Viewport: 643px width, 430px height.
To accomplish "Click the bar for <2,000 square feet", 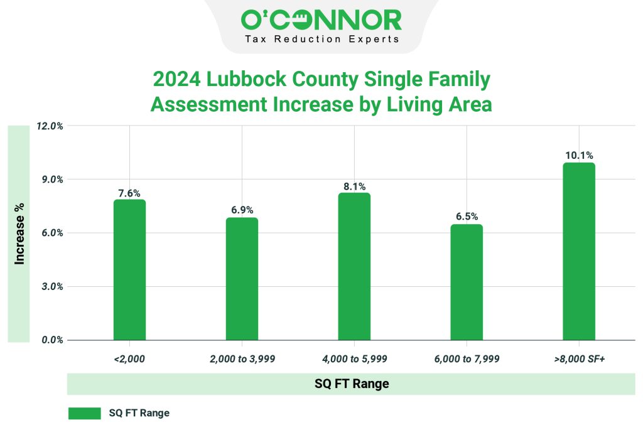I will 129,270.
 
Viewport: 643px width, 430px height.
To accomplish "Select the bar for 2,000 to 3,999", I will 242,279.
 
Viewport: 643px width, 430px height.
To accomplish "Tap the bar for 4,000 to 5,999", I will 354,267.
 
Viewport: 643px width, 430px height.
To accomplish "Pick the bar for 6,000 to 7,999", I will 467,282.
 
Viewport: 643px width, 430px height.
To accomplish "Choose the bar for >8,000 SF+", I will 579,252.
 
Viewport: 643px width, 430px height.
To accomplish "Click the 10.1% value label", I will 579,155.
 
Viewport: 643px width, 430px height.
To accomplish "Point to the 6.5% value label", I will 467,217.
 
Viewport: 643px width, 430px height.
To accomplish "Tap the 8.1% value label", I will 354,186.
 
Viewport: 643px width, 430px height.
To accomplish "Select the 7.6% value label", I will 129,193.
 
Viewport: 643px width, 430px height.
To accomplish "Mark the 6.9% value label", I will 242,210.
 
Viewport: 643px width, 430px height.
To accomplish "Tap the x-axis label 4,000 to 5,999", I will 354,360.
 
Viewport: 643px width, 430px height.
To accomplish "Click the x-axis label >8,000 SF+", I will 579,360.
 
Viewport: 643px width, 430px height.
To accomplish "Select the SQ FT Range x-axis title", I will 352,384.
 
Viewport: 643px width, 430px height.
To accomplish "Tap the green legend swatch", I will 84,413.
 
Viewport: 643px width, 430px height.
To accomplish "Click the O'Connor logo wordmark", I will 321,19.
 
